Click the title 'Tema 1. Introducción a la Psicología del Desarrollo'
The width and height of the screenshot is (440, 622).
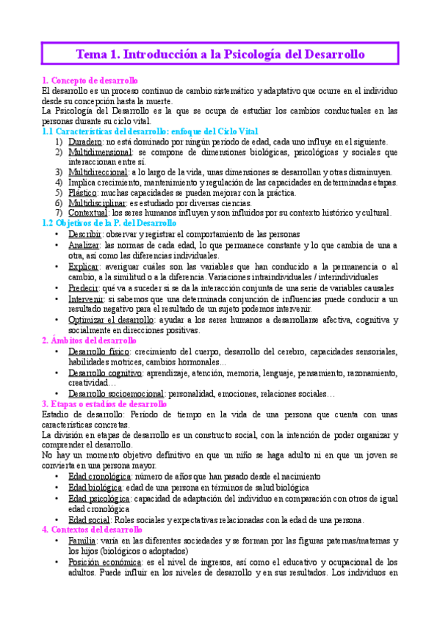click(220, 54)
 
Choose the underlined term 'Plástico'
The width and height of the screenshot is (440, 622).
click(84, 193)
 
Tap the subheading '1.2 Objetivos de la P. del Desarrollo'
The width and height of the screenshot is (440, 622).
click(109, 223)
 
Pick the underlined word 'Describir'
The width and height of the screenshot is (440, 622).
click(85, 234)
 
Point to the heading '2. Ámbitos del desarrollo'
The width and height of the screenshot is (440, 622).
click(89, 341)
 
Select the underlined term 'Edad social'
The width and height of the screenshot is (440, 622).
click(90, 519)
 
